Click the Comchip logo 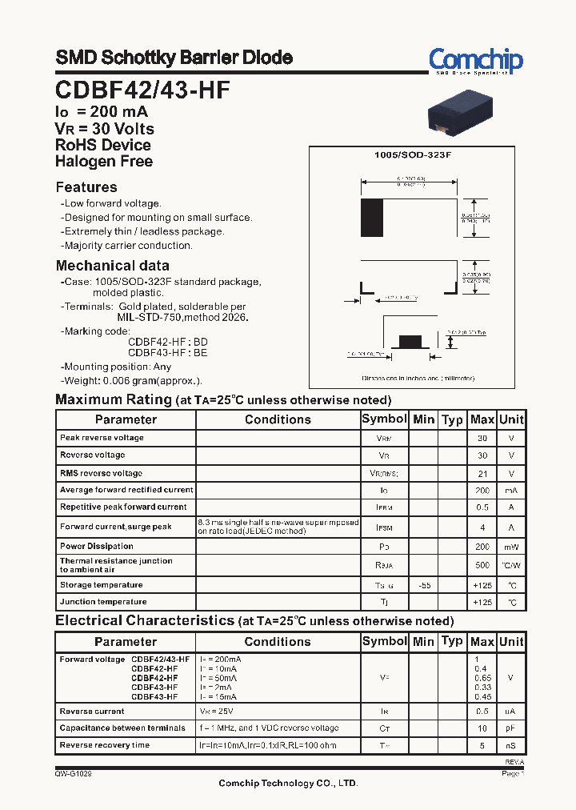click(475, 60)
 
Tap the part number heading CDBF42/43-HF click(142, 90)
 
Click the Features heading click(86, 187)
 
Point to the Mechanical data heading click(112, 266)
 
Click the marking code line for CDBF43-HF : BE click(167, 352)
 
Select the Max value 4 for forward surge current click(482, 527)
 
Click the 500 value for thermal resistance click(482, 566)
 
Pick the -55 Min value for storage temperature click(423, 586)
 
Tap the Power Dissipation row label click(96, 547)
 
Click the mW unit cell click(510, 547)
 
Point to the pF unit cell click(510, 728)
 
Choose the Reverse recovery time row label click(105, 745)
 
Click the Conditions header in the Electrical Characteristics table click(278, 642)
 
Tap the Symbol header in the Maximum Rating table click(384, 419)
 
